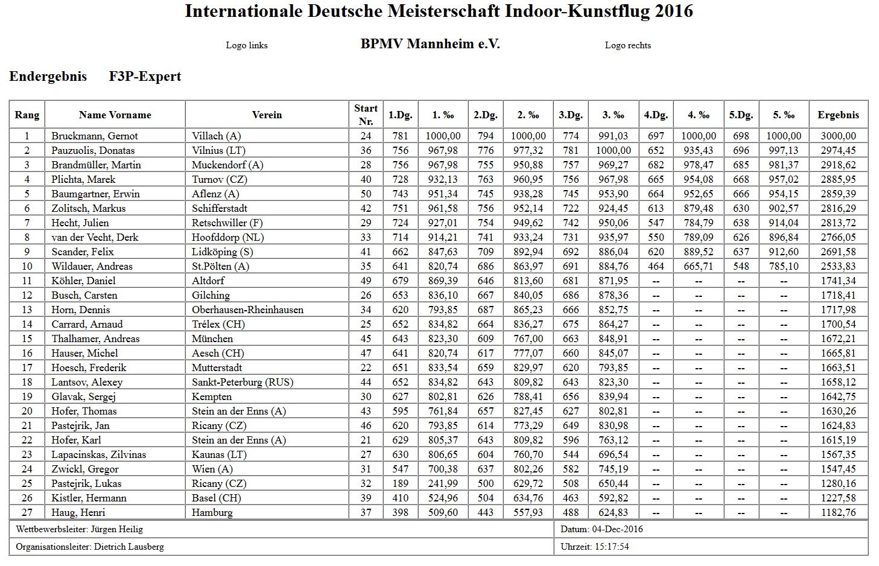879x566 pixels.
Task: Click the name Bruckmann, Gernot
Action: click(x=95, y=136)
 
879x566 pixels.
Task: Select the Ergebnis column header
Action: click(x=838, y=115)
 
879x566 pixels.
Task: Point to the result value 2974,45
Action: click(x=838, y=150)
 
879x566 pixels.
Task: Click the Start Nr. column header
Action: click(x=366, y=114)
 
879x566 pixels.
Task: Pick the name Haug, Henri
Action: click(x=78, y=512)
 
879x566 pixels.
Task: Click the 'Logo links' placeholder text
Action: click(x=247, y=45)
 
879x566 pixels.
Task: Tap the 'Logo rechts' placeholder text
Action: click(x=627, y=45)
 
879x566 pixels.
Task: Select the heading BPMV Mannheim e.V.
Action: click(x=430, y=44)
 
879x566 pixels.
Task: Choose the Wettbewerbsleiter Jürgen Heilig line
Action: click(x=80, y=529)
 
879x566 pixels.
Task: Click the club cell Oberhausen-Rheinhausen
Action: click(x=247, y=310)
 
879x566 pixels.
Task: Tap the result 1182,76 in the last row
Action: click(x=838, y=512)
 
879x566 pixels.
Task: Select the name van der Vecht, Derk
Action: click(x=95, y=237)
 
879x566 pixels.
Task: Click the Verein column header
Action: click(x=267, y=115)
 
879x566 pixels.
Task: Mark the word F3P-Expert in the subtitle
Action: click(x=145, y=77)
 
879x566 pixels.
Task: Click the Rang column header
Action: click(x=27, y=115)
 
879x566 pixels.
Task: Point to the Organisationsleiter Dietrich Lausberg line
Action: click(x=90, y=547)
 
